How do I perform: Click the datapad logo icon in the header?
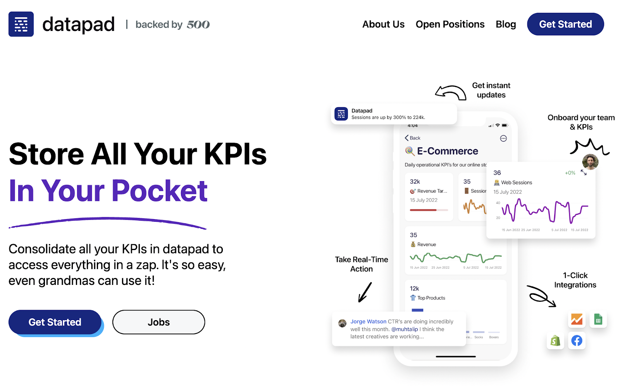[21, 24]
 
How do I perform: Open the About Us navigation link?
[383, 24]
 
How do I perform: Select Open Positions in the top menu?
[450, 24]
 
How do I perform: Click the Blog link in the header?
[506, 24]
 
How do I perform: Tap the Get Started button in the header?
[565, 24]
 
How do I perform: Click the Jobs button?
[158, 322]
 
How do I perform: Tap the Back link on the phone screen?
[413, 138]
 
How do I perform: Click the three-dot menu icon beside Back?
[503, 139]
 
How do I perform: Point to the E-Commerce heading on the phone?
[448, 151]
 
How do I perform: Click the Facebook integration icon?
[577, 341]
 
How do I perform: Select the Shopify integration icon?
[555, 341]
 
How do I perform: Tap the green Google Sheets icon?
[598, 320]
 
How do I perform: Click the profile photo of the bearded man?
[590, 162]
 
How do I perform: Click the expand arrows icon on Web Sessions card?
[584, 173]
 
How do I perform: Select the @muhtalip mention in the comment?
[405, 329]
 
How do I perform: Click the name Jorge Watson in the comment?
[368, 322]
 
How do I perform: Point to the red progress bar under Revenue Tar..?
[423, 210]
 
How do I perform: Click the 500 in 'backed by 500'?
[198, 25]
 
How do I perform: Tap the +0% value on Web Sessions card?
[570, 173]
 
